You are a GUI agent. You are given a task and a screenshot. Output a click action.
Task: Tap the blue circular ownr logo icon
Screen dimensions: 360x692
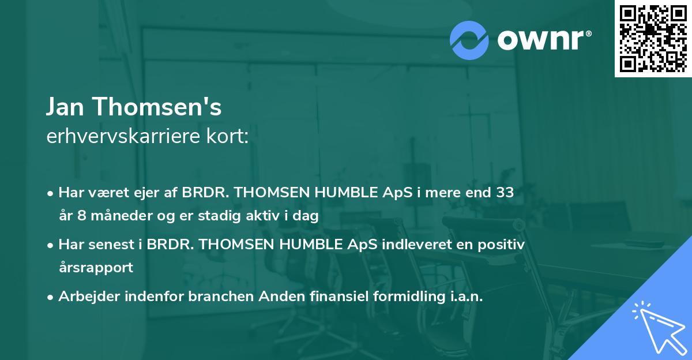coord(470,40)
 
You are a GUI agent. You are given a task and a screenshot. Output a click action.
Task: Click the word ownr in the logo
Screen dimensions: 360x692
coord(543,40)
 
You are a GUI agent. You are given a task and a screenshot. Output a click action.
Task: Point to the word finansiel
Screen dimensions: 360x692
coord(318,297)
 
